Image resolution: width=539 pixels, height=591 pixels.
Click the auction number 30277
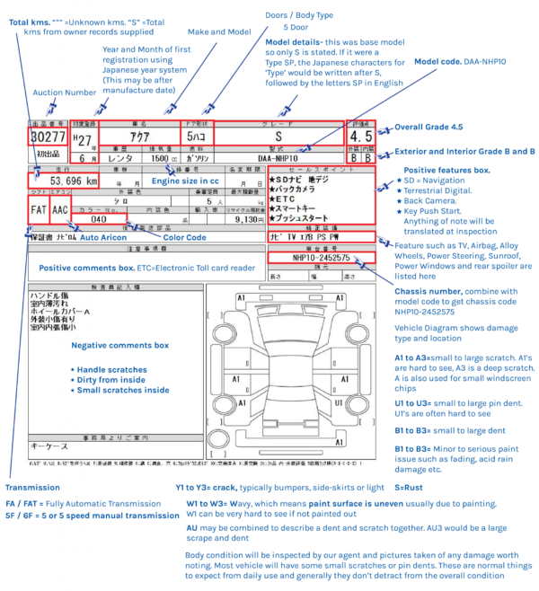coord(48,137)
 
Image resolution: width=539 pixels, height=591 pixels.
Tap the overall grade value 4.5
coord(360,137)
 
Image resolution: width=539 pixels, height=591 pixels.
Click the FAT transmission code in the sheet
coord(38,210)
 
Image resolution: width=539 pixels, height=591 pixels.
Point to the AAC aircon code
coord(59,210)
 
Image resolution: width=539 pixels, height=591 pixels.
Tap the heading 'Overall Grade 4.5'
coord(432,129)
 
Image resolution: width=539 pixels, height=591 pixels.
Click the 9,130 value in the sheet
coord(248,218)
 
